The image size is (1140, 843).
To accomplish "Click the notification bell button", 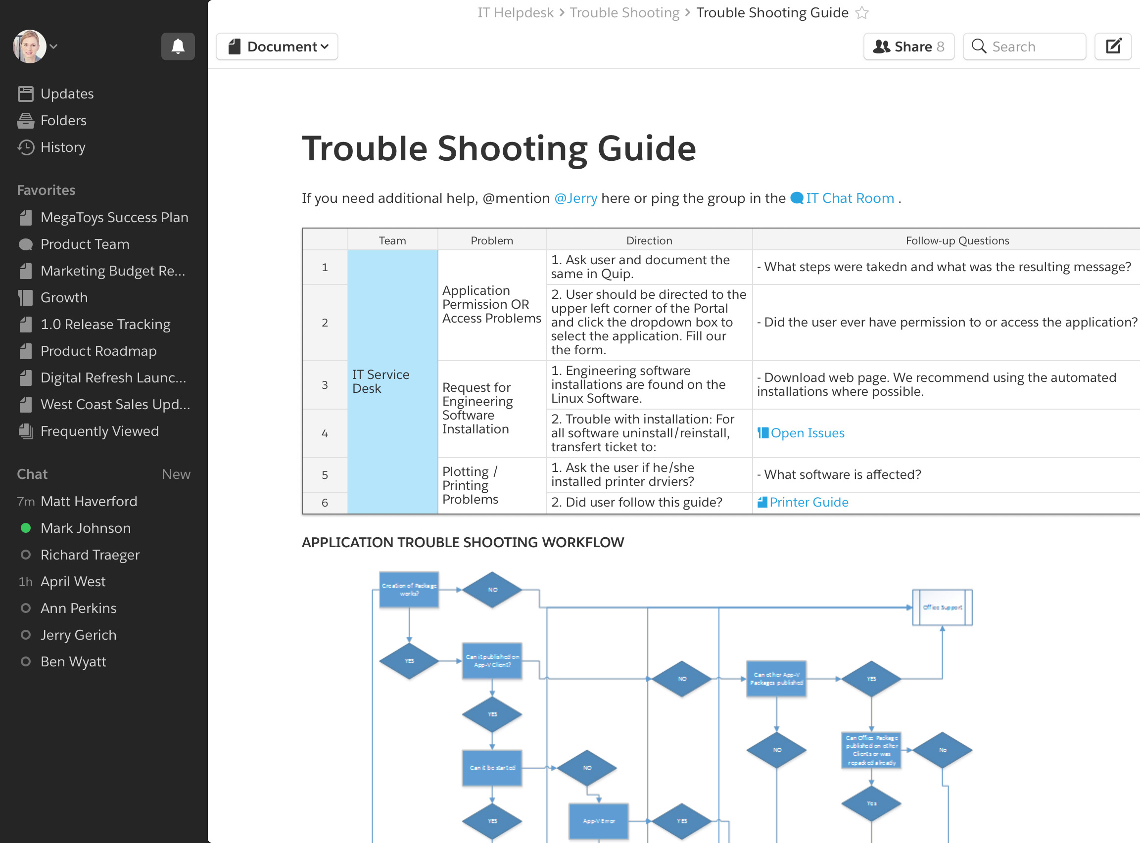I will tap(178, 47).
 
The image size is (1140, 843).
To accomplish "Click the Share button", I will tap(908, 47).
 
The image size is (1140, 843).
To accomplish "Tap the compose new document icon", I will tap(1113, 47).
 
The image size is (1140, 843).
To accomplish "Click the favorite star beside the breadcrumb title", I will tap(862, 13).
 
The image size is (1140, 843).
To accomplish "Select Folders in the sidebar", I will tap(63, 120).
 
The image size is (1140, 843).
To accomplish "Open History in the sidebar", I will tap(63, 147).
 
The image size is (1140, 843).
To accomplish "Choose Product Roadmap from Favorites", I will tap(98, 351).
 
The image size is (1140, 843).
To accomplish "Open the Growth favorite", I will tap(64, 297).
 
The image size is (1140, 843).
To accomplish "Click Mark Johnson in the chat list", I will tap(86, 528).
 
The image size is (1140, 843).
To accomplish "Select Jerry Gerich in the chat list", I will tap(79, 635).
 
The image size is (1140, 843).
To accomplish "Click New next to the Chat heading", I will tap(176, 474).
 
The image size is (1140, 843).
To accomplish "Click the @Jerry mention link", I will tap(575, 198).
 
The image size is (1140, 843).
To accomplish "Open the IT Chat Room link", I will tap(849, 198).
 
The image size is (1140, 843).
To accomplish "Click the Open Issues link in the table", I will tap(807, 433).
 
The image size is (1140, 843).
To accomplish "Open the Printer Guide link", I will tap(808, 503).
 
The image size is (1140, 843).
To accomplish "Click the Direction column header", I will tap(649, 241).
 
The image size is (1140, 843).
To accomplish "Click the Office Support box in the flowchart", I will tap(942, 607).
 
